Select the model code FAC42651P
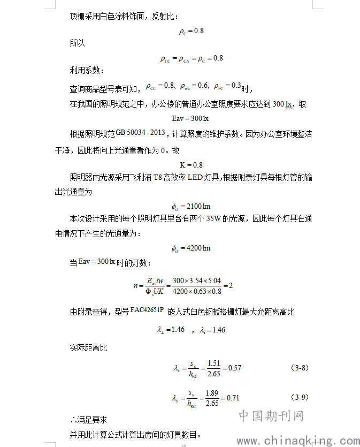point(147,310)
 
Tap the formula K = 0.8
point(191,165)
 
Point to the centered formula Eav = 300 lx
point(191,118)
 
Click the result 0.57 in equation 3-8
point(235,368)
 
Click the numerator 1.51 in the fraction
point(213,363)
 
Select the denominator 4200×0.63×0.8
point(197,291)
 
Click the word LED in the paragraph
point(193,178)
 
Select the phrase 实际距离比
point(88,348)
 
